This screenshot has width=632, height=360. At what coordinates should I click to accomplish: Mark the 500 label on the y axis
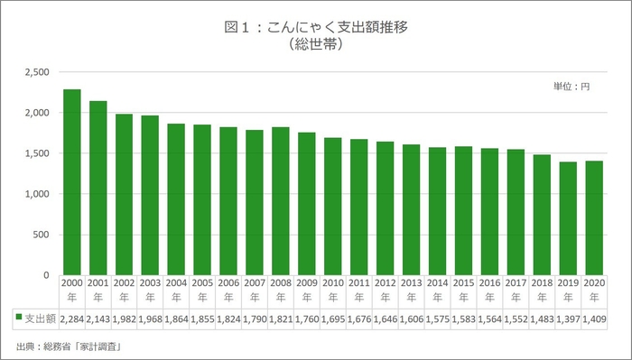42,235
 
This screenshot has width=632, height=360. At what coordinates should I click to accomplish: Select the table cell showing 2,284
72,318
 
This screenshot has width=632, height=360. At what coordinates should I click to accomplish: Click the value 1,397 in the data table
568,318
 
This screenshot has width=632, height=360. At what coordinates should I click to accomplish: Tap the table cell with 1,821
281,318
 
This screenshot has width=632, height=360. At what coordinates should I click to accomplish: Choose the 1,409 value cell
594,318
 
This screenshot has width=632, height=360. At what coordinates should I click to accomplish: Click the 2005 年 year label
202,291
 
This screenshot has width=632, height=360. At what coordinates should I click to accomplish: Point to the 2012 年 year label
385,291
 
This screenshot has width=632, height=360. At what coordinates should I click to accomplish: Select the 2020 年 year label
594,291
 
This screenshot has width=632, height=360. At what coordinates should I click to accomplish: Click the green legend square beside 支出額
17,318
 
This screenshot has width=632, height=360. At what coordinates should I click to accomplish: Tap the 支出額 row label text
40,318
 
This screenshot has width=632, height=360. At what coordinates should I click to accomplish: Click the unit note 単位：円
571,87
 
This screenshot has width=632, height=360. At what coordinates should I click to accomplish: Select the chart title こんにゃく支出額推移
316,26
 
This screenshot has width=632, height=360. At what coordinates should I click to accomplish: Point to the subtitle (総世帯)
316,43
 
